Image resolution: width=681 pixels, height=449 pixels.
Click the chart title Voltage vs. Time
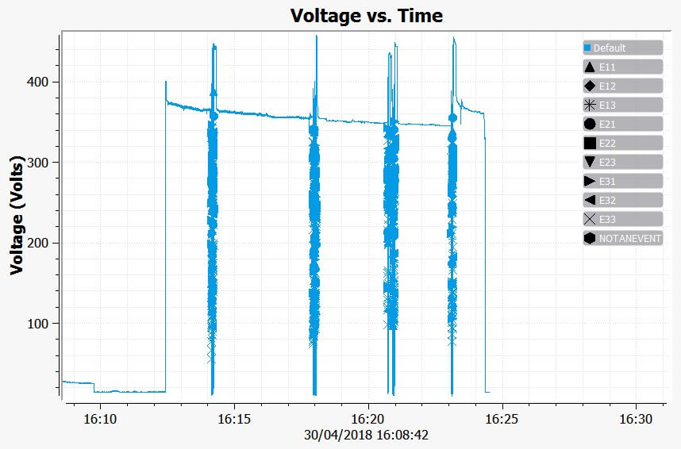click(x=366, y=15)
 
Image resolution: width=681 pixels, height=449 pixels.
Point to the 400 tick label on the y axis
click(x=38, y=82)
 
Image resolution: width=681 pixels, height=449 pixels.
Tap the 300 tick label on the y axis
click(x=38, y=163)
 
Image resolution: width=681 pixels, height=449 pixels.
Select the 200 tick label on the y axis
click(x=38, y=243)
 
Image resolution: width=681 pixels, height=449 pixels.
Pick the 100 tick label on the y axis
click(x=38, y=324)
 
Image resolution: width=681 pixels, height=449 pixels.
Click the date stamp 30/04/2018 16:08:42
click(x=366, y=435)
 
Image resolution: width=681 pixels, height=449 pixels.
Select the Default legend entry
click(x=622, y=48)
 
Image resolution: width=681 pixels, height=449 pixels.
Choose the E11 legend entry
click(x=622, y=67)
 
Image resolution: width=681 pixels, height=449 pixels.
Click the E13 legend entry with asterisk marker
click(x=622, y=105)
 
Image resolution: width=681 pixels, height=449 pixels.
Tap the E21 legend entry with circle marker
click(x=622, y=124)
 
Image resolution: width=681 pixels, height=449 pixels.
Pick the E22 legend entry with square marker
click(x=622, y=143)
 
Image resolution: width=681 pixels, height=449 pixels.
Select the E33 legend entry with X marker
click(x=622, y=219)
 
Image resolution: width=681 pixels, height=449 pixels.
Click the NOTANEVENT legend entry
click(x=622, y=238)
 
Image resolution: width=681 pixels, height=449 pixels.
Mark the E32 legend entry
click(x=622, y=200)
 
